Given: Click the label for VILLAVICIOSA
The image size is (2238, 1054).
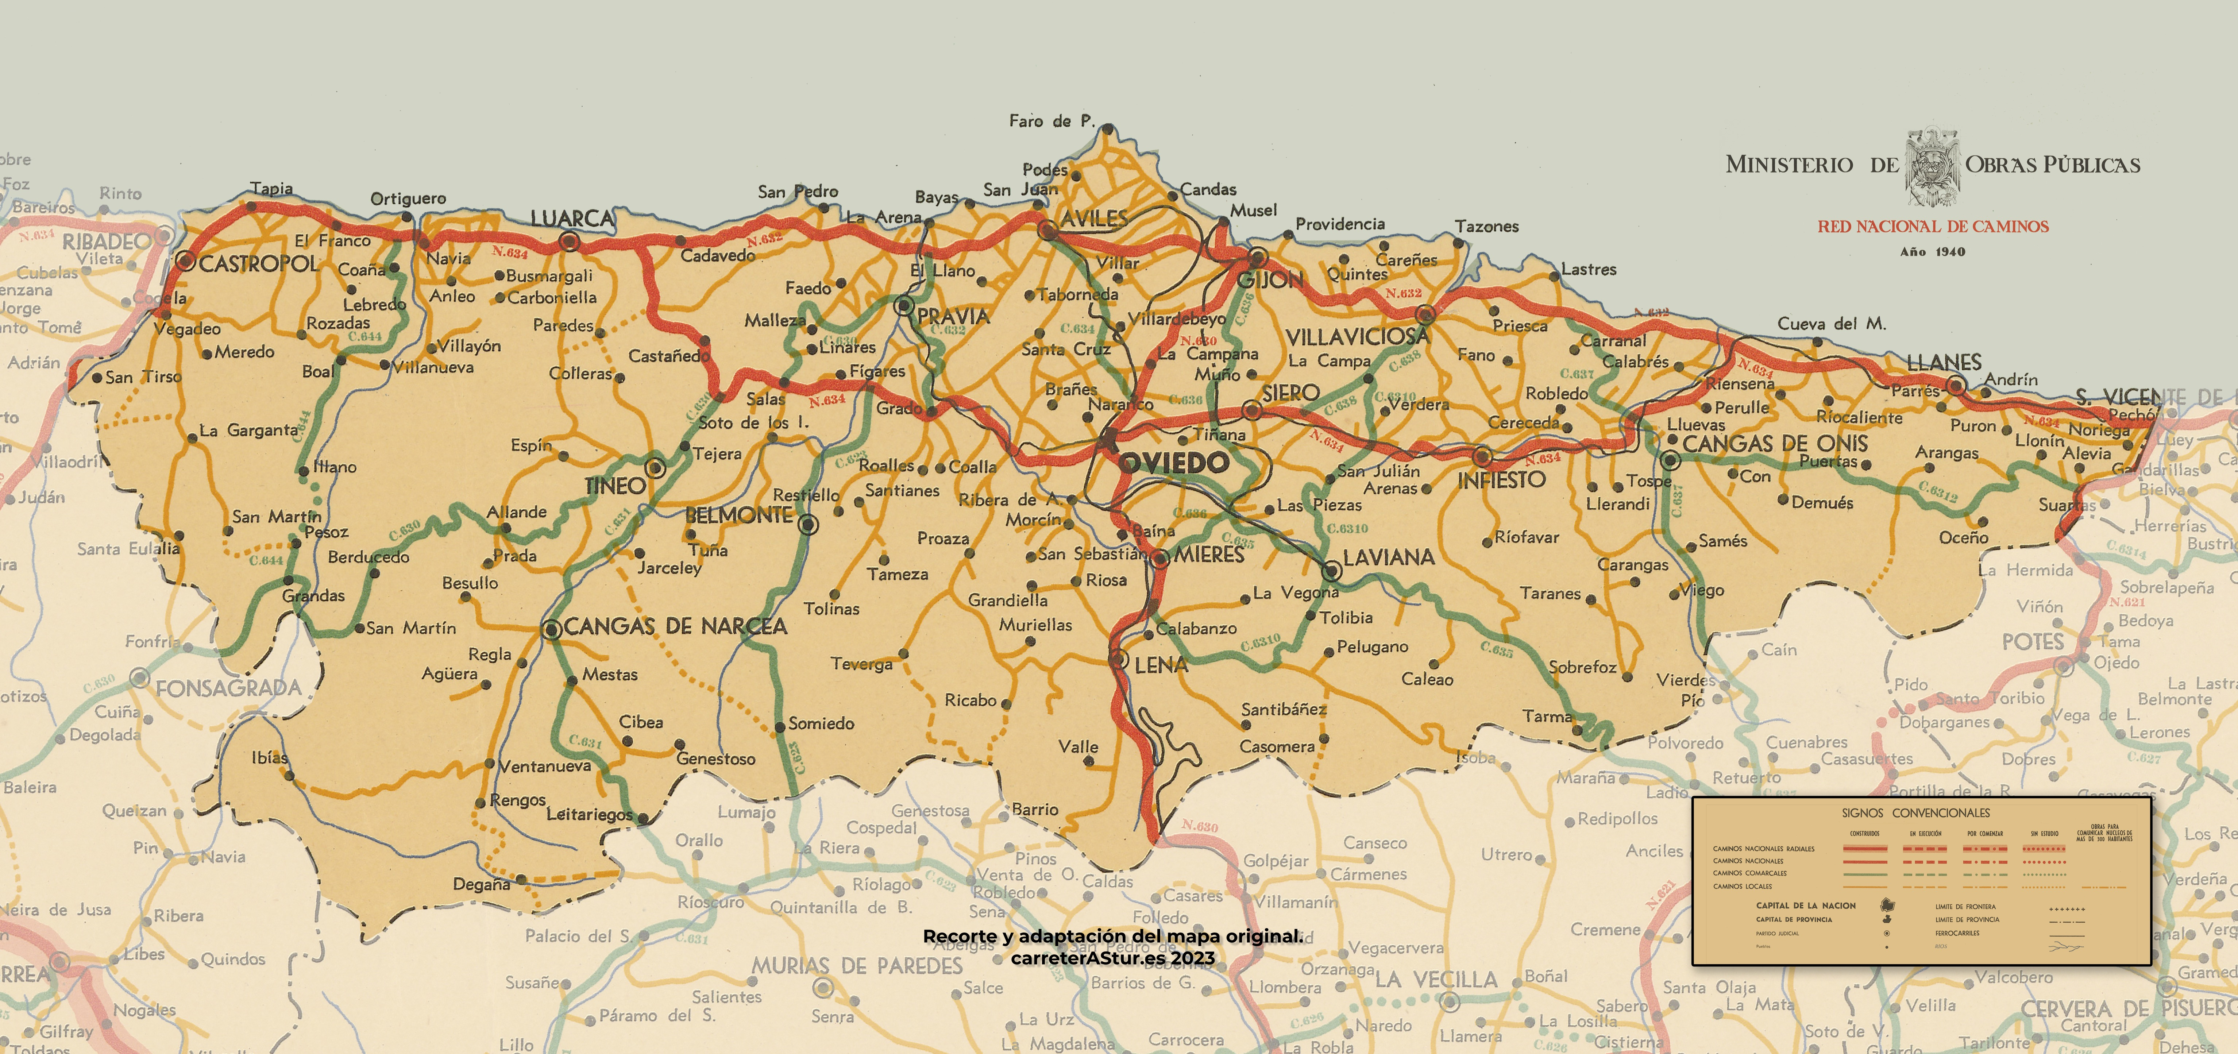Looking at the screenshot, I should click(x=1357, y=336).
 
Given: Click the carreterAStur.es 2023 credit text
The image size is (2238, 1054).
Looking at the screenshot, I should click(x=1112, y=958).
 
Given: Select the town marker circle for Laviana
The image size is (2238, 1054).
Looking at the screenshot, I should click(x=1331, y=571).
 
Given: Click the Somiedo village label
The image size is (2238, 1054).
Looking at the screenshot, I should click(x=821, y=723).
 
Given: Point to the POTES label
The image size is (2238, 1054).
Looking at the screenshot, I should click(x=2032, y=642).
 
